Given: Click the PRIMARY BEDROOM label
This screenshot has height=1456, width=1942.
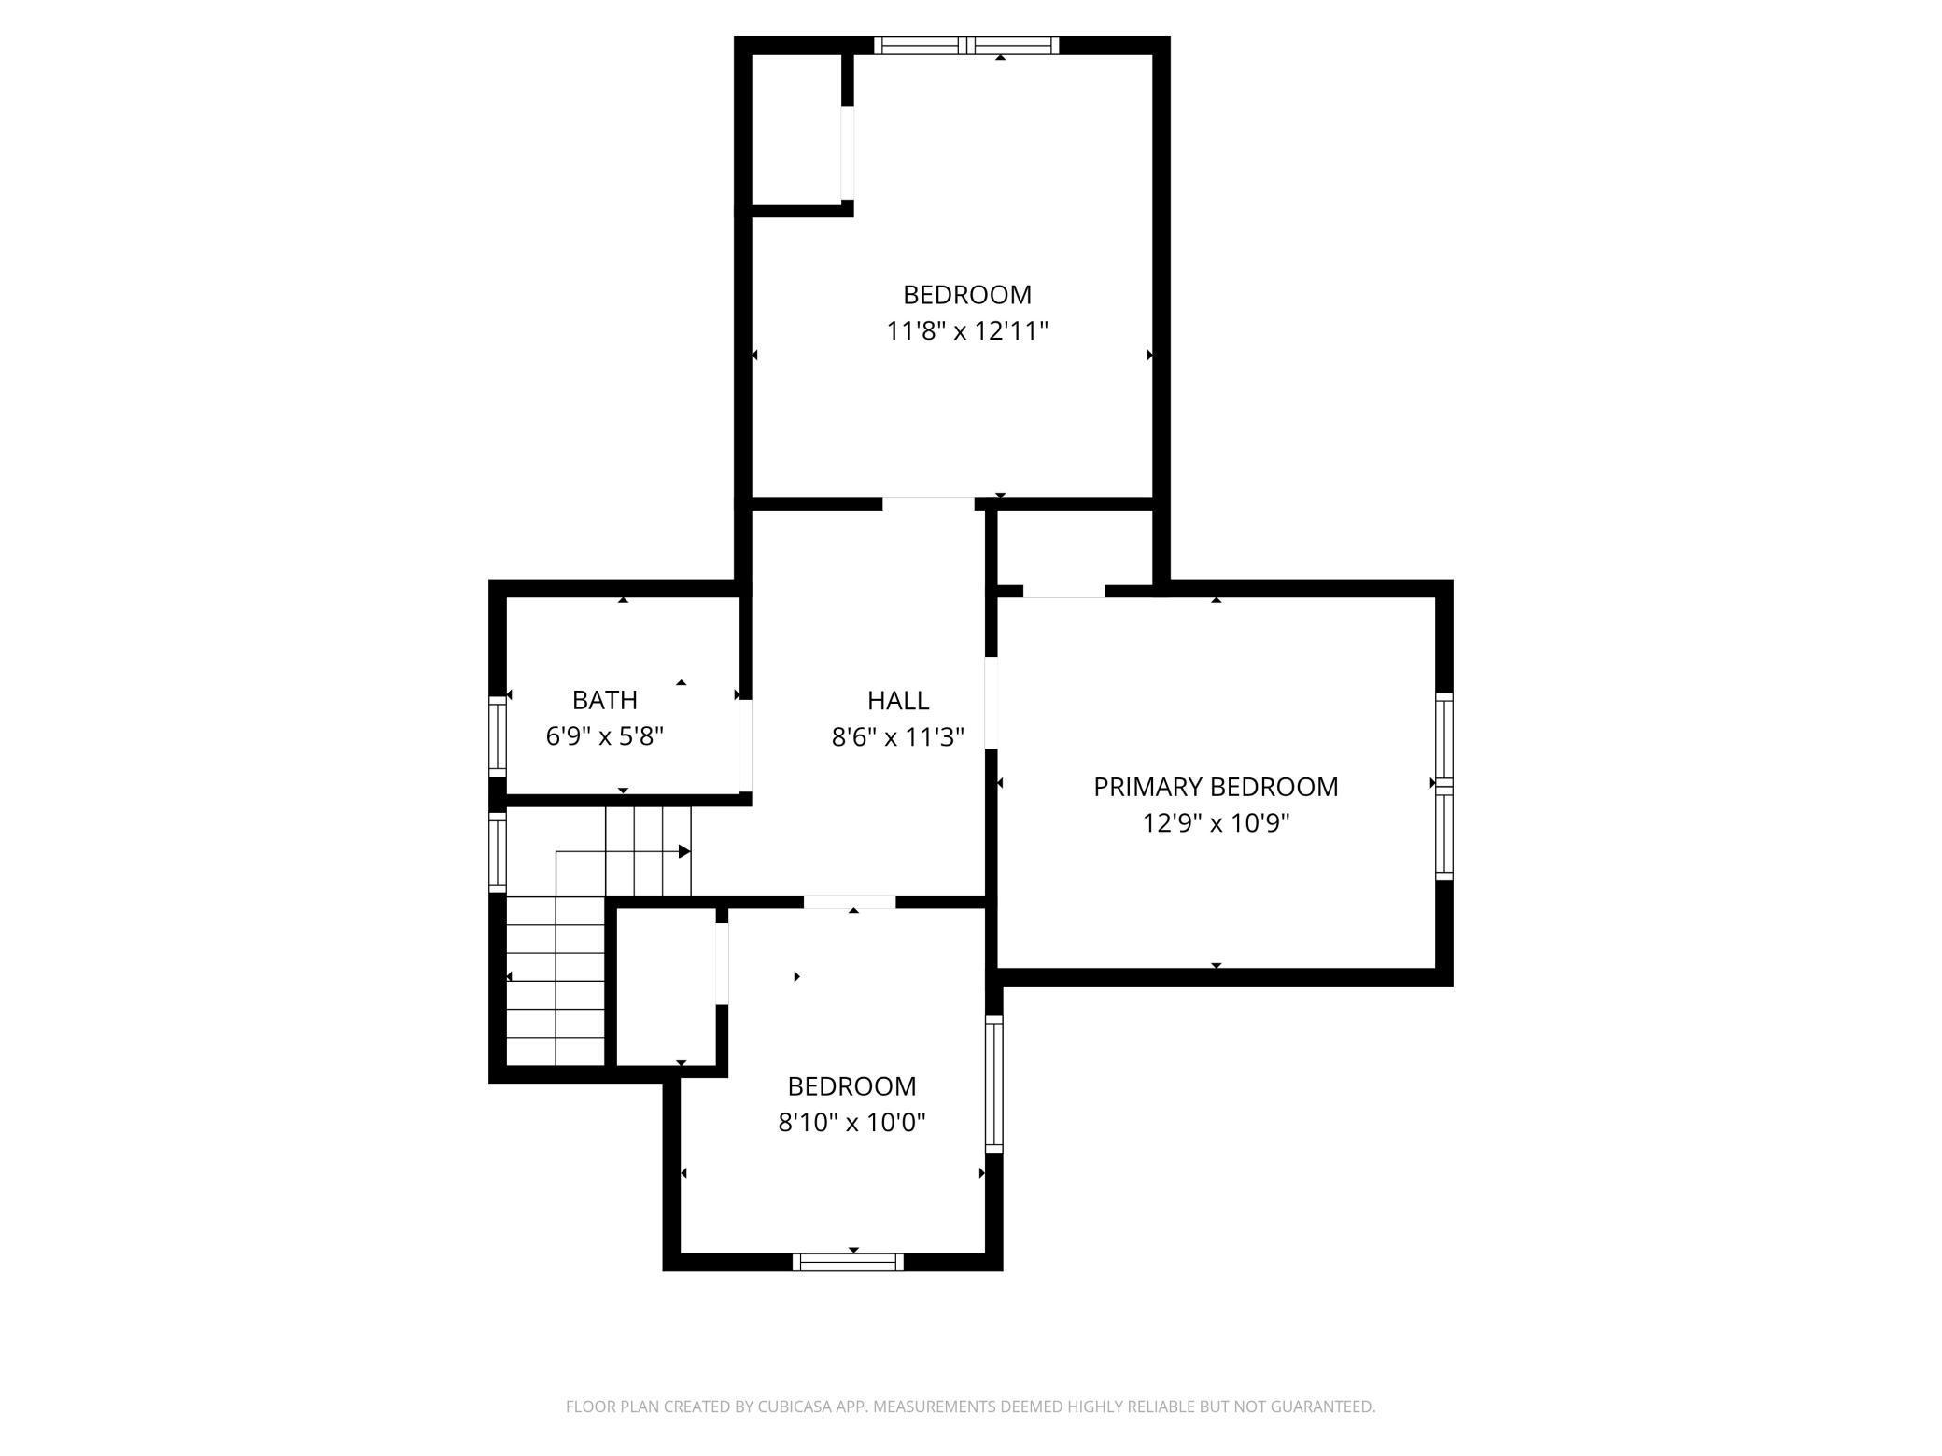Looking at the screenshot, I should click(1215, 787).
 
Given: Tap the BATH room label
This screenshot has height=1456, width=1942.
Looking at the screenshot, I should click(605, 700).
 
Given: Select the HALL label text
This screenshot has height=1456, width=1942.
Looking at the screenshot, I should click(897, 700).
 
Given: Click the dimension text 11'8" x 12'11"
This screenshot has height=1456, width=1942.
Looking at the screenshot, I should click(967, 331).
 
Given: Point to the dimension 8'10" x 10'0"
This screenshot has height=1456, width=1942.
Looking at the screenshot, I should click(851, 1122).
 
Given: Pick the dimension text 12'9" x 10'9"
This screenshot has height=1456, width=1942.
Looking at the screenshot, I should click(1216, 823).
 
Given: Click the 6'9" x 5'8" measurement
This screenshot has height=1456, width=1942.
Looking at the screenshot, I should click(605, 736).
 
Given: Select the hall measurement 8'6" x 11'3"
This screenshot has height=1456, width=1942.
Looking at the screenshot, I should click(897, 737).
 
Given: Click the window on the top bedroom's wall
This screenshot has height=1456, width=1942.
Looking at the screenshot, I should click(966, 45).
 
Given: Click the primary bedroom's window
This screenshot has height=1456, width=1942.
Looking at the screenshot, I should click(1443, 786).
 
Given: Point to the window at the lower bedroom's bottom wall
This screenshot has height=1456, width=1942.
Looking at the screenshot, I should click(848, 1262).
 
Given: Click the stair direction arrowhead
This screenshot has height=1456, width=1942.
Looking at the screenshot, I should click(684, 851).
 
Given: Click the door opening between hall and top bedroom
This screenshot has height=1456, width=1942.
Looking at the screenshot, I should click(928, 504).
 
